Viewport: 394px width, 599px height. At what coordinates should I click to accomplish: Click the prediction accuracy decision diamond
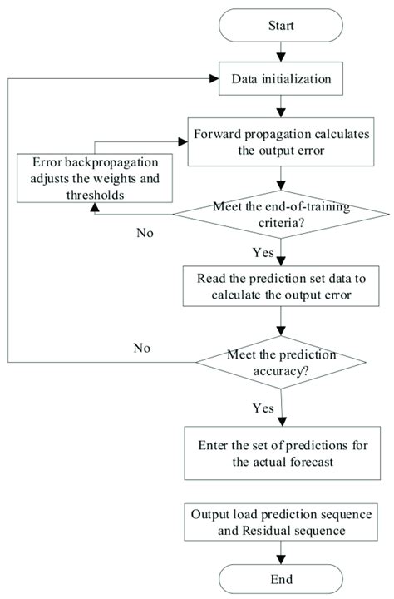point(283,363)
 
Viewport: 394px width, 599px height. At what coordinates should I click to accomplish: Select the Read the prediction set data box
point(283,288)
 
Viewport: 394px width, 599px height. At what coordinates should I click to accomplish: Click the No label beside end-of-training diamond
point(145,232)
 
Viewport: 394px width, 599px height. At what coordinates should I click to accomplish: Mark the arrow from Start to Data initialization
point(283,57)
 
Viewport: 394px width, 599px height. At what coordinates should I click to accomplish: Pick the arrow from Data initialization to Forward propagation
point(283,109)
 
